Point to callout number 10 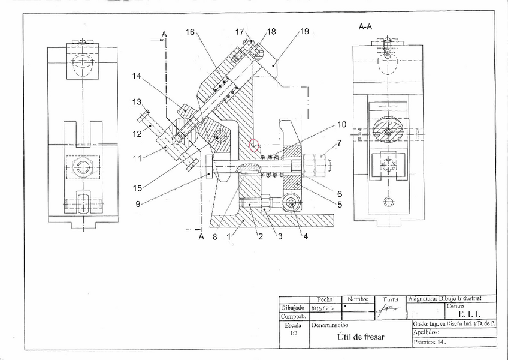coord(341,125)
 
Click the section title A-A coord(365,26)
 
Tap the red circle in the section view coord(255,146)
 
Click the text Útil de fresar coord(361,337)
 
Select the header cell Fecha coord(325,299)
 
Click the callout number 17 coord(240,32)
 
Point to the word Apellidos coord(427,332)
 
